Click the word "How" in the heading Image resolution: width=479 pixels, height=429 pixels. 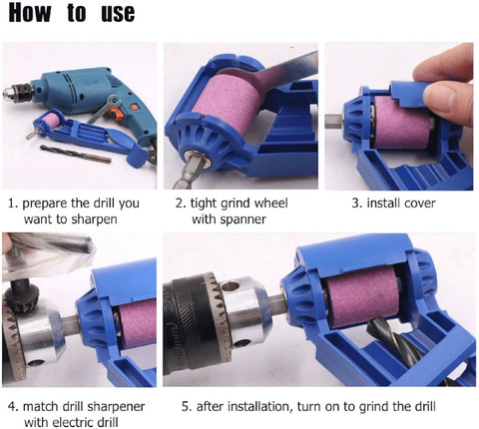pos(30,13)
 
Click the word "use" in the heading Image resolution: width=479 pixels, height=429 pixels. pos(118,14)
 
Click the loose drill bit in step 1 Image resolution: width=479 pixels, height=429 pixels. pos(76,154)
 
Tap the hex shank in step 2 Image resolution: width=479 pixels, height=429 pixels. pos(188,172)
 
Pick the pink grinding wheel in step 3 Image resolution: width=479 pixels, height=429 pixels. pos(402,123)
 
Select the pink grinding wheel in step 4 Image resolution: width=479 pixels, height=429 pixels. pos(138,324)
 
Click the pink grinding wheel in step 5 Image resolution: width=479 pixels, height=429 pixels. pos(362,297)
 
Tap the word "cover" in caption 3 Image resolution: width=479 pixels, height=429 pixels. pos(417,204)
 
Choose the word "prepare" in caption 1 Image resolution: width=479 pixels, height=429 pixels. pos(45,204)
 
